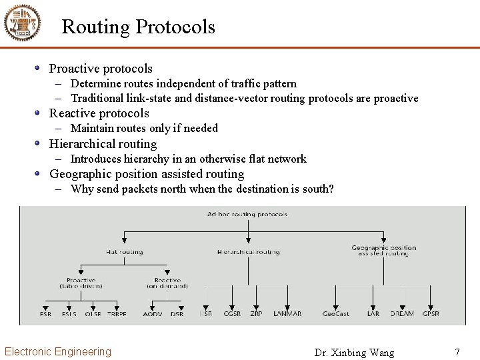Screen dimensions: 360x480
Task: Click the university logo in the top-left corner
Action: coord(23,23)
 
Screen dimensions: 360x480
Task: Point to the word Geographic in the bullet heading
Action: coord(80,174)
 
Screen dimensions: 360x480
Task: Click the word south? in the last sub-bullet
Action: coord(318,189)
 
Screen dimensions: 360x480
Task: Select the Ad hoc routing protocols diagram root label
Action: coord(247,214)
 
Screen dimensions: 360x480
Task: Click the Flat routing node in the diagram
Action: coord(124,252)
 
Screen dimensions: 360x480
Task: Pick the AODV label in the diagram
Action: coord(153,314)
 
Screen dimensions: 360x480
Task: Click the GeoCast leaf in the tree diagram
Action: coord(335,314)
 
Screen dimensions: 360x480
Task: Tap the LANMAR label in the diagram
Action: coord(287,314)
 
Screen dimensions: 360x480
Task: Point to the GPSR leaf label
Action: coord(430,314)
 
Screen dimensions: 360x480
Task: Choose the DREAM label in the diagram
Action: coord(402,314)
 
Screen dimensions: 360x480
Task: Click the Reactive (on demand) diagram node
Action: coord(167,283)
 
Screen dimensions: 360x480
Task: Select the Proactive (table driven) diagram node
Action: coord(81,283)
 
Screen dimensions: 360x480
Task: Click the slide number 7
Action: coord(457,351)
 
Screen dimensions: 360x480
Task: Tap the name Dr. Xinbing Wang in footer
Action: coord(354,353)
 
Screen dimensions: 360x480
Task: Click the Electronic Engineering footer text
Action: coord(58,351)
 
